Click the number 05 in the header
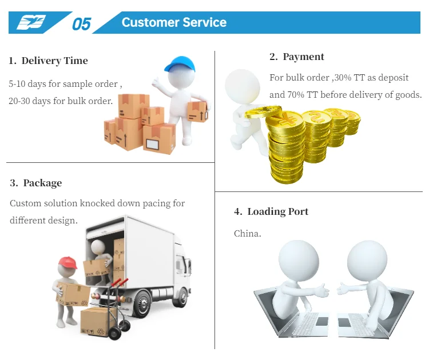click(x=81, y=23)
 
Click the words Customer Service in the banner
click(x=174, y=23)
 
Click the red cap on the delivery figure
click(x=67, y=262)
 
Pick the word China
click(x=247, y=234)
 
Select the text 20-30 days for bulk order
click(x=61, y=101)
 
